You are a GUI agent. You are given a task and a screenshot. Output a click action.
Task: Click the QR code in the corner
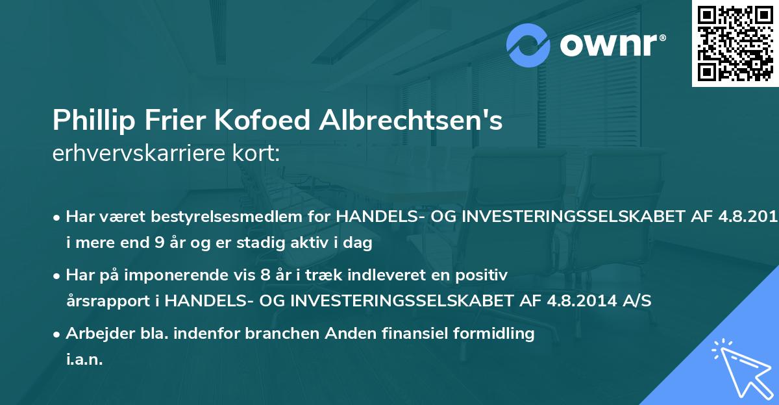[735, 43]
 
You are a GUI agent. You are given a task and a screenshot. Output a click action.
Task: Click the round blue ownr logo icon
[529, 45]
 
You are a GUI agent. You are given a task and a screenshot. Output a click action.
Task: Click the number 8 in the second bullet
[265, 275]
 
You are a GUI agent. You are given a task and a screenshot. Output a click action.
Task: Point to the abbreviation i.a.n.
[84, 360]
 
